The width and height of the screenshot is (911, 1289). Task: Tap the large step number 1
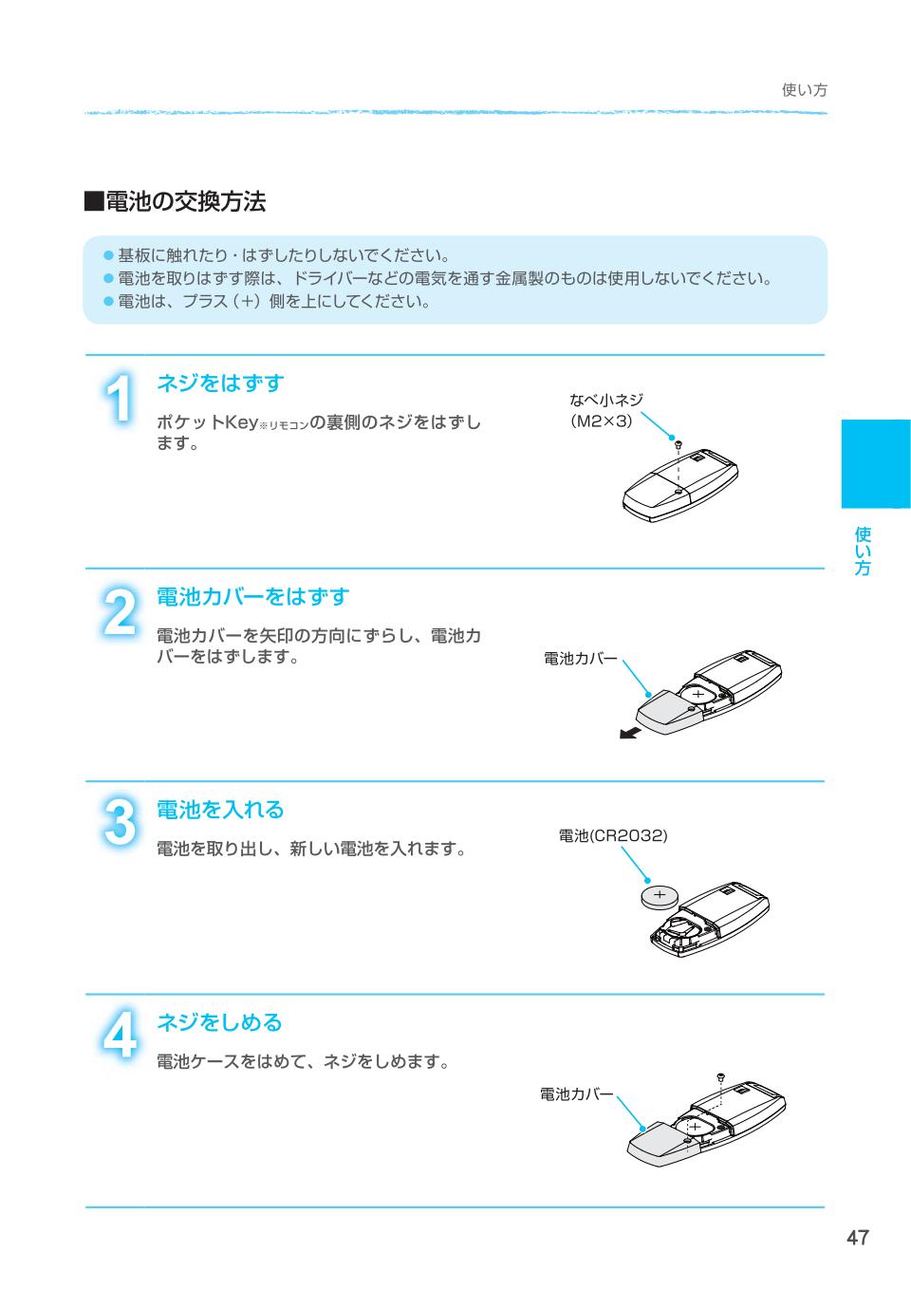pos(119,398)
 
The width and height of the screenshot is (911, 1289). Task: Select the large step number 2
pos(120,611)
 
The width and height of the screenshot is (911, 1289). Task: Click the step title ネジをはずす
pos(220,383)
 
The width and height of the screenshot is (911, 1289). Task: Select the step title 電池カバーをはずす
pos(253,596)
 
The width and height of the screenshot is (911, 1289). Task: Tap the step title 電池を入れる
pos(220,809)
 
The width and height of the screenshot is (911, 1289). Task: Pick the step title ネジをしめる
pos(220,1022)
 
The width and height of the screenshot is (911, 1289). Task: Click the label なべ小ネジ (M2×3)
pos(605,410)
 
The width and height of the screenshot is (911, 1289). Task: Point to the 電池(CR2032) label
pos(613,835)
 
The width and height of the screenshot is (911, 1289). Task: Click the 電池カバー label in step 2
pos(581,659)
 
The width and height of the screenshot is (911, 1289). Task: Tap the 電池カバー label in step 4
pos(577,1093)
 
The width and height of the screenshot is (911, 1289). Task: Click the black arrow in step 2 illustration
pos(629,732)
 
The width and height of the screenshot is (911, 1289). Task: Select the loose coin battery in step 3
pos(660,897)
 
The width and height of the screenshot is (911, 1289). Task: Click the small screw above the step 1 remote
pos(679,443)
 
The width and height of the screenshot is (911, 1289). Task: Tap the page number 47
pos(858,1238)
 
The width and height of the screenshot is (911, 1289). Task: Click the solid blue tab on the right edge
pos(876,464)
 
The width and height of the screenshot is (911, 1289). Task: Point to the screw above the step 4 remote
pos(720,1076)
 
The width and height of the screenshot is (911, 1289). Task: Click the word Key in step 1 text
pos(241,423)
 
